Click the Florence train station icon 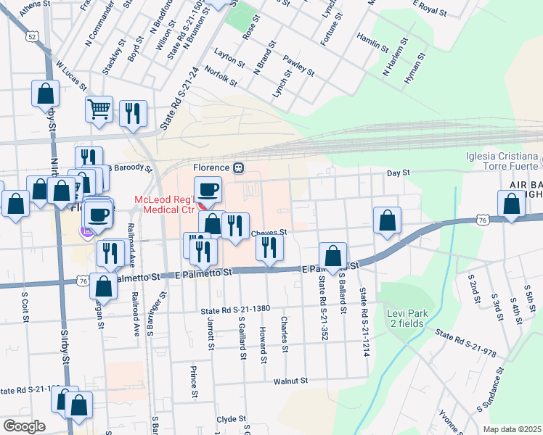(238, 167)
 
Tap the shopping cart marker (99, 109)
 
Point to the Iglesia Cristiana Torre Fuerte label (503, 162)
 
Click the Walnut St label (291, 381)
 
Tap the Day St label (399, 173)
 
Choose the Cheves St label (270, 233)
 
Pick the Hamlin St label (372, 41)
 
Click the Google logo (24, 426)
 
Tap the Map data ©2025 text (512, 429)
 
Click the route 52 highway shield (30, 36)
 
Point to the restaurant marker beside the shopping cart (133, 114)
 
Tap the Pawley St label (298, 66)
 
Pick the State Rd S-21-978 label (466, 343)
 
